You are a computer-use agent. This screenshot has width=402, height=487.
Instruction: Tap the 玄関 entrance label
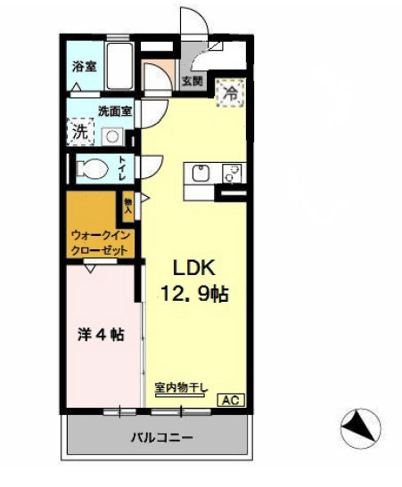click(x=193, y=81)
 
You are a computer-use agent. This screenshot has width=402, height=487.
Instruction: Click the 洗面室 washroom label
click(x=115, y=111)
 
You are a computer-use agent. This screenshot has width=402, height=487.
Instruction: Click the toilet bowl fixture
click(x=94, y=167)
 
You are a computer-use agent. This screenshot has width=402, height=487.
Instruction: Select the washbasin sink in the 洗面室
click(x=113, y=136)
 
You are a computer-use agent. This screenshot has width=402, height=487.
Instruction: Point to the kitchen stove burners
click(x=234, y=173)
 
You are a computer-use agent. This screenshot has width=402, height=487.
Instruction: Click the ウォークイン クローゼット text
click(x=102, y=243)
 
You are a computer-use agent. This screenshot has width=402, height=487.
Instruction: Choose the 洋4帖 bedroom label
click(x=100, y=336)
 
